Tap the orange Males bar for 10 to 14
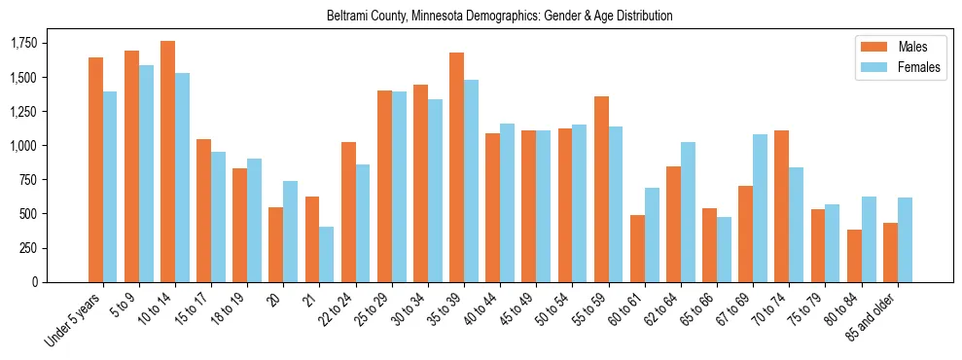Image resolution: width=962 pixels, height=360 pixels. (168, 162)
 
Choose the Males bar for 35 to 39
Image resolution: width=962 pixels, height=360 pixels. (457, 167)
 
